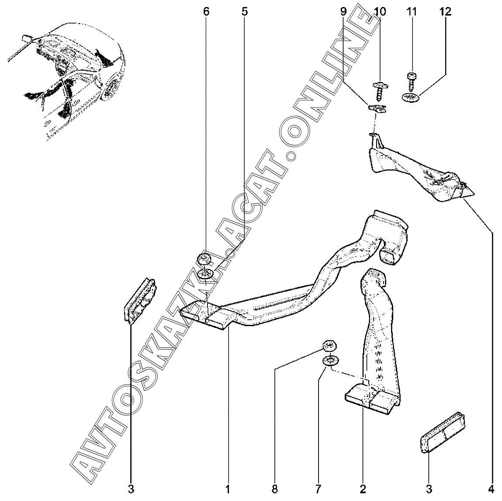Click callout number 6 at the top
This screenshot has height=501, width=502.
click(x=206, y=12)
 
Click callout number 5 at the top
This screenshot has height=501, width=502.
click(x=244, y=12)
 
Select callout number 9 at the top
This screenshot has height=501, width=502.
click(x=343, y=12)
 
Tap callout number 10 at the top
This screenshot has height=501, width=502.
click(x=380, y=12)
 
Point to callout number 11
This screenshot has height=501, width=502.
click(x=412, y=12)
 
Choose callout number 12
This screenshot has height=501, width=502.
click(x=445, y=12)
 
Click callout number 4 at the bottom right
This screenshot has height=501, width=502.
click(x=492, y=488)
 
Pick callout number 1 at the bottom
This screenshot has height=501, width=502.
click(x=228, y=488)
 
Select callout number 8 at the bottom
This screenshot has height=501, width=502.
click(x=274, y=488)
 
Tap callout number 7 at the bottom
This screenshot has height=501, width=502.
click(x=318, y=488)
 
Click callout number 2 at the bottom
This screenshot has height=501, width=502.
click(x=363, y=488)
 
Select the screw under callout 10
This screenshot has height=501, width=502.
click(x=378, y=90)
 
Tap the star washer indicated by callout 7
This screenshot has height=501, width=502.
click(x=329, y=361)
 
